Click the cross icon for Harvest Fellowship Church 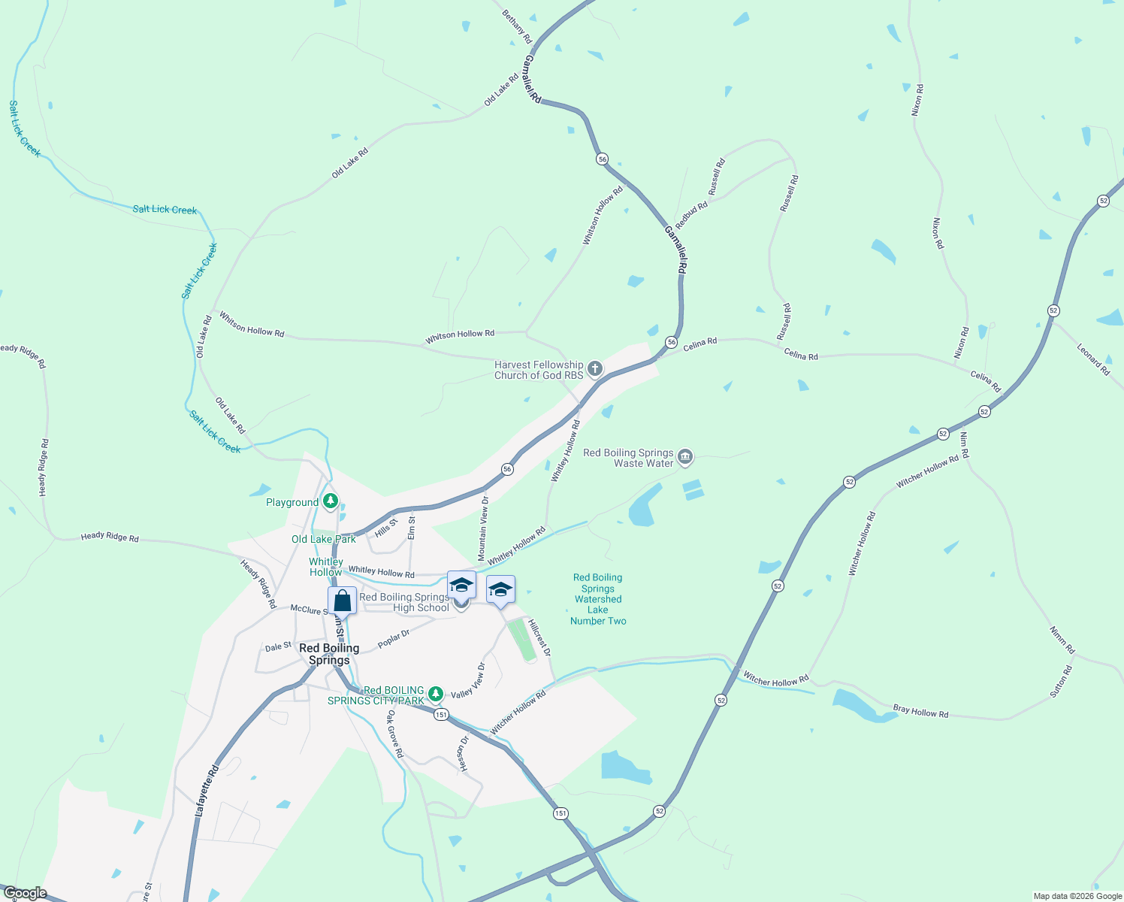[x=595, y=369]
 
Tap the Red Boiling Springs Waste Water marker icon [x=684, y=456]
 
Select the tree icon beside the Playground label [x=330, y=501]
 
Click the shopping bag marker [x=342, y=601]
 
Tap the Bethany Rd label [x=517, y=26]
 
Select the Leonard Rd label [x=1093, y=359]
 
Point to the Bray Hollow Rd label [x=920, y=711]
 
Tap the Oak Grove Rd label [x=395, y=734]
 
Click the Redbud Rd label [x=691, y=215]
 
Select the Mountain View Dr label [x=483, y=528]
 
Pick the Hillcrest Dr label [x=539, y=637]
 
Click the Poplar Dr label [x=394, y=639]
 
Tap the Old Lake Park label [x=324, y=539]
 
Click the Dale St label [x=278, y=646]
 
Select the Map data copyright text [x=1077, y=896]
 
